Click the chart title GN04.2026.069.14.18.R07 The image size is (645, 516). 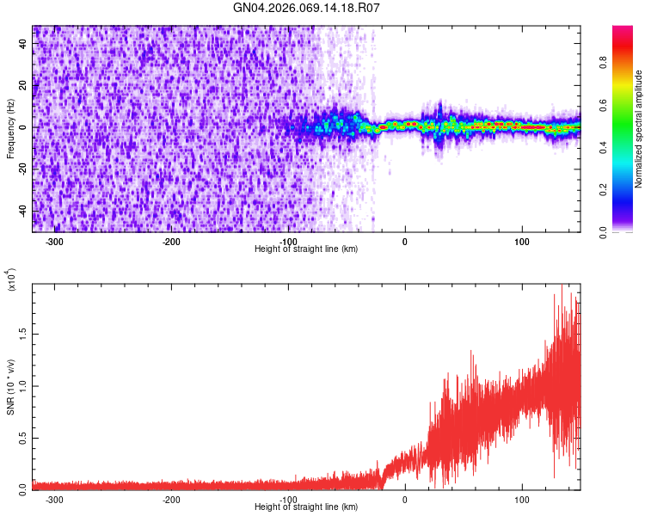pyautogui.click(x=306, y=8)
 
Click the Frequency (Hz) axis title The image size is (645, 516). pyautogui.click(x=10, y=129)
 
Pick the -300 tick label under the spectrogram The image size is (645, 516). pyautogui.click(x=54, y=242)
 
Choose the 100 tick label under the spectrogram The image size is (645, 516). pyautogui.click(x=522, y=242)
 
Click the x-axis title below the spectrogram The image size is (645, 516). pyautogui.click(x=306, y=249)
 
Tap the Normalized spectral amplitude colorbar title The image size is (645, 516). pyautogui.click(x=639, y=129)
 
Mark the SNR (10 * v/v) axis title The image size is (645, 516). pyautogui.click(x=10, y=387)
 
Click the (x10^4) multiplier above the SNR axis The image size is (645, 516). pyautogui.click(x=11, y=279)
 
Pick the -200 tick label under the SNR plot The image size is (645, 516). pyautogui.click(x=171, y=500)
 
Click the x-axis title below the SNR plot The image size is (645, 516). pyautogui.click(x=306, y=507)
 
